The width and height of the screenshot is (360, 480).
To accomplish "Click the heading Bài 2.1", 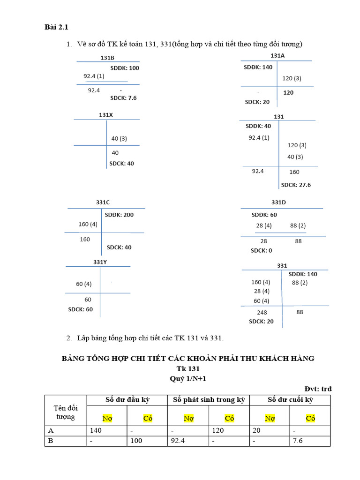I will coord(57,28).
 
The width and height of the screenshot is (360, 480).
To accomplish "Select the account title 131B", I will coord(107,58).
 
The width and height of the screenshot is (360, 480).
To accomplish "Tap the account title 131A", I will coord(277,55).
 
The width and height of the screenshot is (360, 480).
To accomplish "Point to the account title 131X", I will coord(105,115).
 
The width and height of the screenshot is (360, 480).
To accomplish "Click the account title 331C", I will coord(103,202).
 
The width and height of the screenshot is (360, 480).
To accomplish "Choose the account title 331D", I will coord(278,202).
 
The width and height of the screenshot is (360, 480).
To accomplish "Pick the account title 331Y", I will coord(100,262).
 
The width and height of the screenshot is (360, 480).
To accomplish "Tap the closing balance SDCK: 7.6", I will coord(123,98).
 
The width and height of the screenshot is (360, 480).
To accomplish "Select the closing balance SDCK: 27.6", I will coord(295,185).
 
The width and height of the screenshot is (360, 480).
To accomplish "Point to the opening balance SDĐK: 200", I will coord(119,215).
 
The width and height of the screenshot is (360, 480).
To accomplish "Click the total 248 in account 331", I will coord(262,312).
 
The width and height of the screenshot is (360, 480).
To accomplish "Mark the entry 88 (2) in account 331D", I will coord(298,225).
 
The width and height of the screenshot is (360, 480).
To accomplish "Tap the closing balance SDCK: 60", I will coord(81,309).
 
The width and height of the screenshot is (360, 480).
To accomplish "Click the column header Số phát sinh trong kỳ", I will coord(209,400).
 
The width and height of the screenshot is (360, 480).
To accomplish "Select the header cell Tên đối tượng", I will coord(66,412).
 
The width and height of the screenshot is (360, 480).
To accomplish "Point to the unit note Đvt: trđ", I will coord(318,389).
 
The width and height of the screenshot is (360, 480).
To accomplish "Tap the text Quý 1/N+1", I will coord(188,379).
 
